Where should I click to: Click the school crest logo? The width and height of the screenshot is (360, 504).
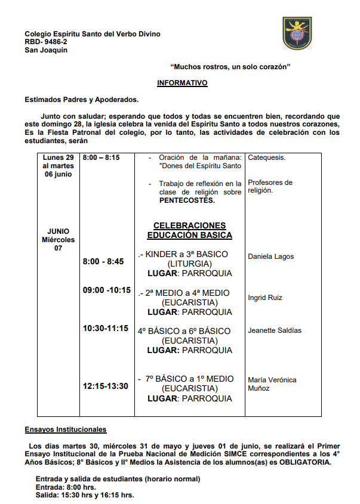click(x=297, y=33)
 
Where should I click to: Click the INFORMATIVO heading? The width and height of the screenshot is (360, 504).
click(x=182, y=83)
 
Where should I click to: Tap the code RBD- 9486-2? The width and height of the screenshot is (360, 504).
click(x=46, y=42)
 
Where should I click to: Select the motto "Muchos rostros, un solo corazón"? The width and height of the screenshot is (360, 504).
click(x=230, y=67)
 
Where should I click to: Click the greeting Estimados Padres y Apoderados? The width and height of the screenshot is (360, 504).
click(x=82, y=100)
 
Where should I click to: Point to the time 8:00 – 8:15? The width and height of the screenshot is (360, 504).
click(x=101, y=157)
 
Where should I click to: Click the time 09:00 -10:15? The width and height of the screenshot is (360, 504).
click(x=107, y=290)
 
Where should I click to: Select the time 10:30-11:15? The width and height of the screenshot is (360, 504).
click(x=106, y=328)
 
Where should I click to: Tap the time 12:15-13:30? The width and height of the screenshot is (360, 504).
click(x=106, y=386)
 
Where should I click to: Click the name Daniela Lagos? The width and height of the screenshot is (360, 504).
click(x=271, y=256)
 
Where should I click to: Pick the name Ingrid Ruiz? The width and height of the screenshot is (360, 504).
click(x=265, y=298)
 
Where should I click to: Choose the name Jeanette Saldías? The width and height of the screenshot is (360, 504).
click(x=275, y=330)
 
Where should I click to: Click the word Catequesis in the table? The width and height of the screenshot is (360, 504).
click(x=266, y=158)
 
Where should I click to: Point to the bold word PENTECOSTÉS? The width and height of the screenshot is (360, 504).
click(x=187, y=201)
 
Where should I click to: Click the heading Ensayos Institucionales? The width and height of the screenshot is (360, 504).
click(x=66, y=429)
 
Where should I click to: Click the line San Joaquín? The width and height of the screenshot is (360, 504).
click(x=46, y=50)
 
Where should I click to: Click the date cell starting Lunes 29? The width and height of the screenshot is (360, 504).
click(x=58, y=166)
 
